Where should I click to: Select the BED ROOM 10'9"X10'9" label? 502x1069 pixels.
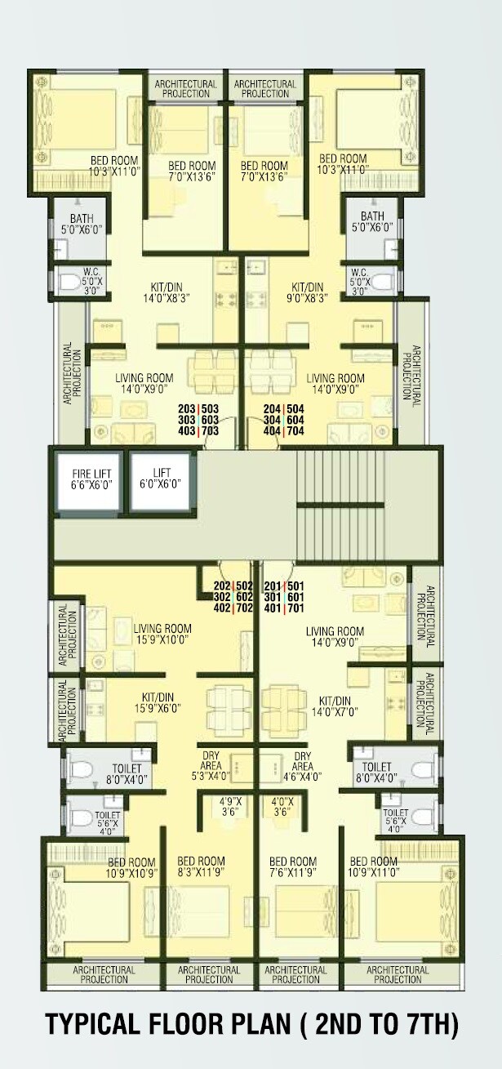[130, 867]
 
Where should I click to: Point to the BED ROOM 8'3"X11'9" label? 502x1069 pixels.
[201, 867]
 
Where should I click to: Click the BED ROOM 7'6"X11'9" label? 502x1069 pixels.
[292, 867]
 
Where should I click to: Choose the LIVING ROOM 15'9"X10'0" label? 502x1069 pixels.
[162, 634]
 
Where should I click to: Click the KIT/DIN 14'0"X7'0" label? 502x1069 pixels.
[335, 706]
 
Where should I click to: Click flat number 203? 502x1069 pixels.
[189, 408]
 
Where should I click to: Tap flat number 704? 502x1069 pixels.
[295, 431]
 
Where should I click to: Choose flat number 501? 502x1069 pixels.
[295, 586]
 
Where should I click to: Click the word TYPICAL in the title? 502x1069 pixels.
[97, 1026]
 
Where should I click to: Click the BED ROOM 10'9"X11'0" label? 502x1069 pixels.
[374, 867]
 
